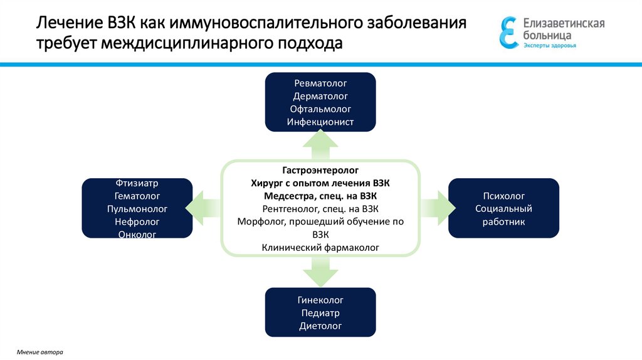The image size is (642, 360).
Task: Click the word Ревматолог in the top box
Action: coord(320,83)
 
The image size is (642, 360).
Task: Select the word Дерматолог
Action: coord(320,96)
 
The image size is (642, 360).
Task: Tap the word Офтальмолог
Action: coord(320,109)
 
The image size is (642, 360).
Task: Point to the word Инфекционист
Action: coord(320,122)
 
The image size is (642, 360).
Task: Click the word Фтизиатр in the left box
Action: coord(137,184)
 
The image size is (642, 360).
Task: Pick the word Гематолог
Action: coord(137,196)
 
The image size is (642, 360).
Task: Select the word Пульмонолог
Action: coord(137,209)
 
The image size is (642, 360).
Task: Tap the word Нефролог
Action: coord(137,222)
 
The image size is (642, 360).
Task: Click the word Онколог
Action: coord(137,234)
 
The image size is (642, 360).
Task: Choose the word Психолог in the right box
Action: coord(503,196)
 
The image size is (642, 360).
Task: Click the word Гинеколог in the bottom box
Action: coord(320,300)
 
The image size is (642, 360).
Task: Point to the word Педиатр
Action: coord(320,313)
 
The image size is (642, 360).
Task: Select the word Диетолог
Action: coord(320,326)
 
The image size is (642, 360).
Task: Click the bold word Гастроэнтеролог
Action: coord(320,170)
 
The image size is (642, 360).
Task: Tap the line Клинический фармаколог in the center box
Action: coord(320,248)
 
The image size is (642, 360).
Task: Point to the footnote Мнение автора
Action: coord(40,352)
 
